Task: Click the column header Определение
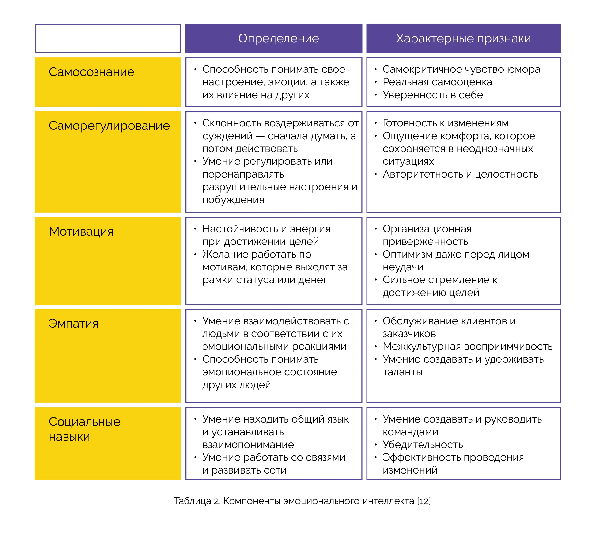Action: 279,38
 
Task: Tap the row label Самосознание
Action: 91,72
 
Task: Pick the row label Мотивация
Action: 81,231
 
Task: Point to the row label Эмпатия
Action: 73,324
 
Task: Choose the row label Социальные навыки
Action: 85,429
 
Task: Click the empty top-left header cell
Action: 108,38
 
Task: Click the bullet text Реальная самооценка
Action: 437,82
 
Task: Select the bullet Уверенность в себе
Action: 433,95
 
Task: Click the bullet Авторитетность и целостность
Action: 460,174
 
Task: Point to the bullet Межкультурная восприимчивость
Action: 468,346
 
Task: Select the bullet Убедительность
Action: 423,445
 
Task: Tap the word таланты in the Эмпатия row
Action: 403,372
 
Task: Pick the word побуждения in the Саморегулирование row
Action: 233,200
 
